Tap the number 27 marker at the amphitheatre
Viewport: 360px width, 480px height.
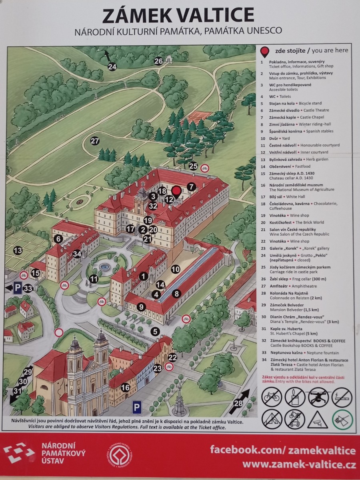click(95, 141)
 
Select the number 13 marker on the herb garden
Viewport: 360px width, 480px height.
click(18, 250)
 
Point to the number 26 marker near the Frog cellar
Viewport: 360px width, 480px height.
click(158, 61)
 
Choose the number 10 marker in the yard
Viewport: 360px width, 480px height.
click(176, 269)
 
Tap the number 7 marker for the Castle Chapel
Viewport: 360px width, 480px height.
click(191, 187)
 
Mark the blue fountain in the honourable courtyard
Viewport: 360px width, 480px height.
click(104, 267)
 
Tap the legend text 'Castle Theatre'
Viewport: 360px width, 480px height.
click(316, 110)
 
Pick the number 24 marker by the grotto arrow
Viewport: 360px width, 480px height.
click(112, 67)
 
